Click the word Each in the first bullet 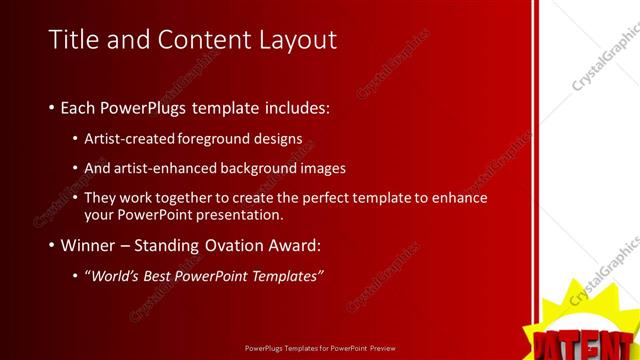(x=81, y=107)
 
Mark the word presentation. (x=240, y=215)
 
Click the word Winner (x=88, y=245)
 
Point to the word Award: (x=297, y=245)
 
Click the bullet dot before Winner (x=51, y=246)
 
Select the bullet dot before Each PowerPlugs (x=51, y=108)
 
